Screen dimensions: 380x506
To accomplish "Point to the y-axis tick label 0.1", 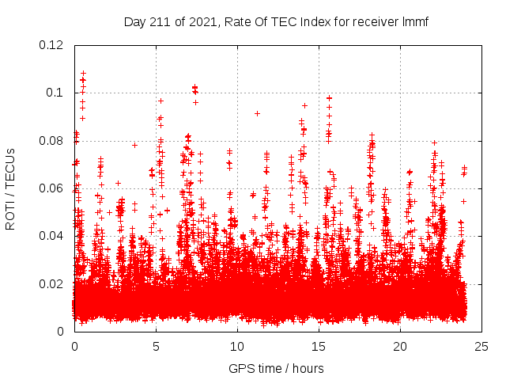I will pyautogui.click(x=57, y=93).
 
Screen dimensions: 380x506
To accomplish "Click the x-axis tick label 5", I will pyautogui.click(x=157, y=346).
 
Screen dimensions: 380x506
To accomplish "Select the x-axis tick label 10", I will pyautogui.click(x=238, y=346).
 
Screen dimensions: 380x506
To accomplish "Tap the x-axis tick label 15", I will pyautogui.click(x=319, y=346).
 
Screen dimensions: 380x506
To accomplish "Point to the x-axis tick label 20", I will pyautogui.click(x=401, y=346).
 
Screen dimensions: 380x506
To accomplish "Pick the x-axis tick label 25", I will pyautogui.click(x=482, y=346).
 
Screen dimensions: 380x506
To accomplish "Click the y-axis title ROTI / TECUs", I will pyautogui.click(x=10, y=188).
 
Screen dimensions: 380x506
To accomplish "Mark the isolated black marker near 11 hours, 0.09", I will pyautogui.click(x=257, y=113).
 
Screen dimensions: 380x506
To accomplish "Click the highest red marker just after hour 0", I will pyautogui.click(x=83, y=73).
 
